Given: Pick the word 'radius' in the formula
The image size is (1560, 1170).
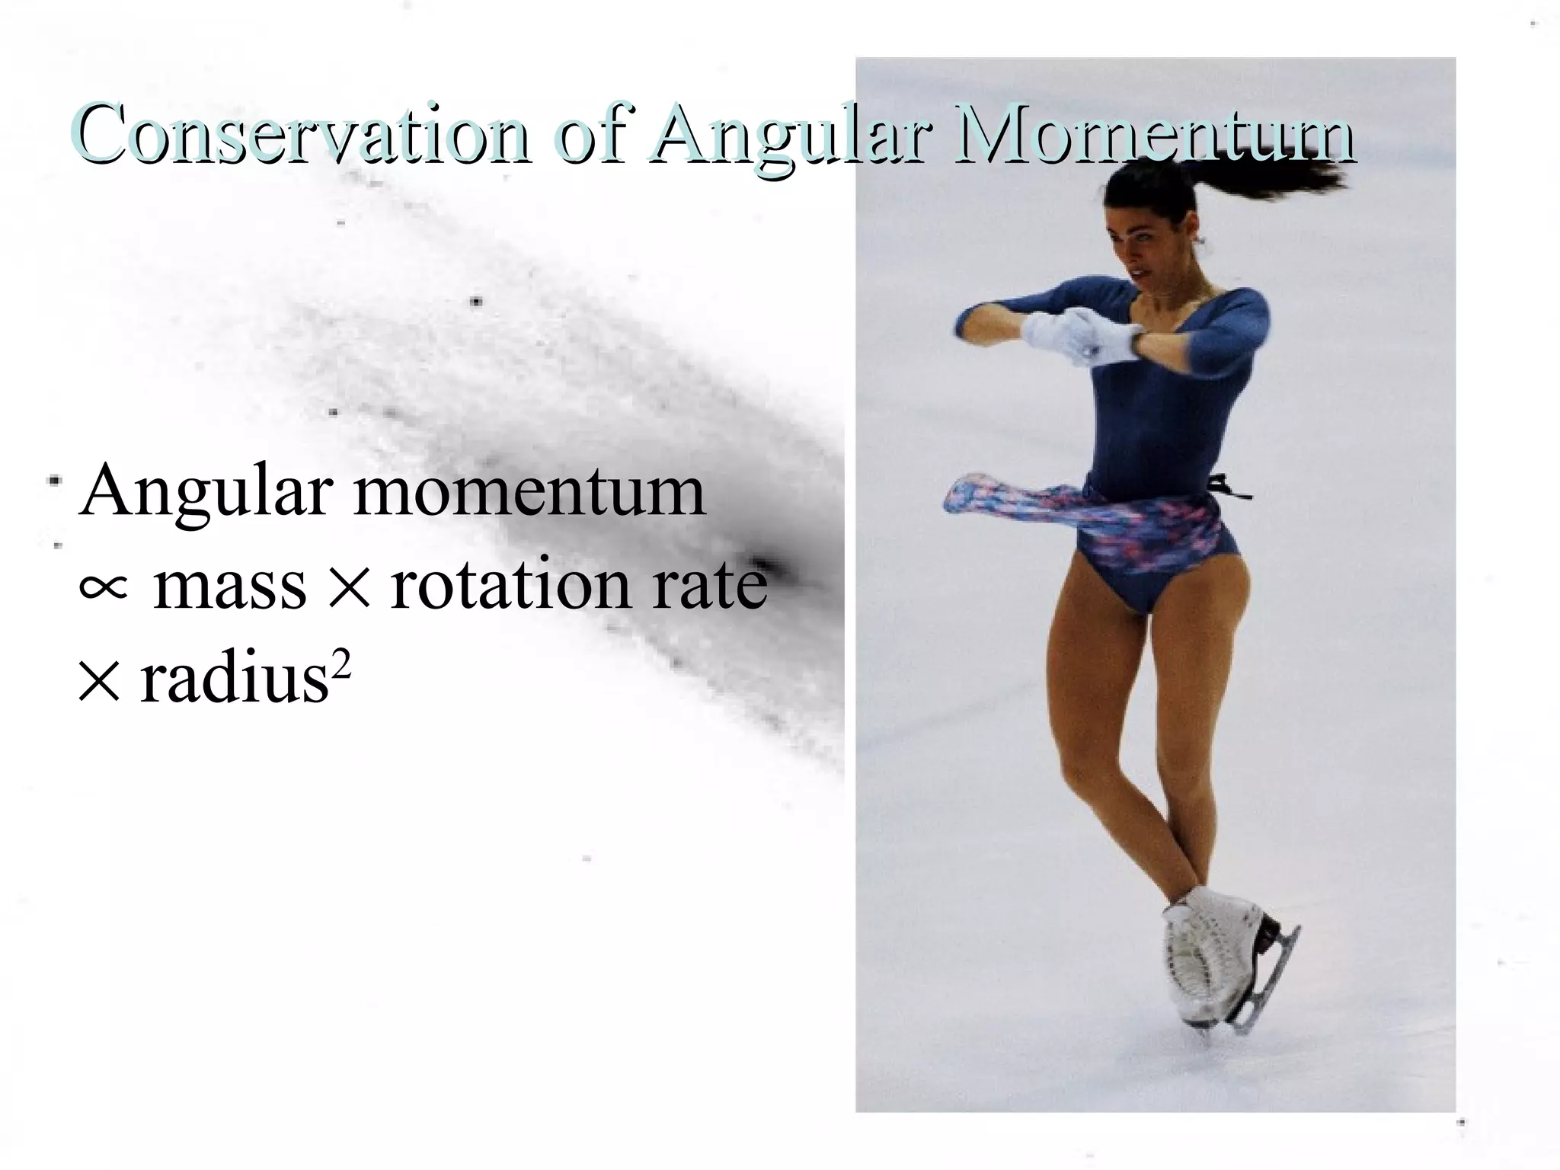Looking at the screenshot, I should [x=233, y=679].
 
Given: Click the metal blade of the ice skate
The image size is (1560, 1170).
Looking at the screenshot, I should [x=1268, y=983].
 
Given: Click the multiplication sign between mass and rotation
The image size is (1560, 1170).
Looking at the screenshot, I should [x=348, y=589].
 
